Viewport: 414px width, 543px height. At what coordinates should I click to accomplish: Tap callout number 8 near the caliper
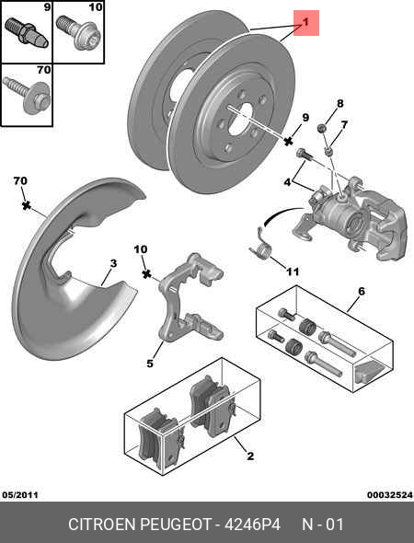tap(339, 103)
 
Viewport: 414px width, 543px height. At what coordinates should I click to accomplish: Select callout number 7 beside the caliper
tap(343, 125)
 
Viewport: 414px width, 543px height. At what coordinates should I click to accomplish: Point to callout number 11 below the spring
tap(293, 271)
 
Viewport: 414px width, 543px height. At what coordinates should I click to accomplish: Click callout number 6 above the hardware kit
tap(361, 292)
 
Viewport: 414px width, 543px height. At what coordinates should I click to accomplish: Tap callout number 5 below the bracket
tap(150, 364)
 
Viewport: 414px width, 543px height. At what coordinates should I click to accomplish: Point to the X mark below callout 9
tap(290, 144)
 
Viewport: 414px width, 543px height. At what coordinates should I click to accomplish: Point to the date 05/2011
tap(21, 494)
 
